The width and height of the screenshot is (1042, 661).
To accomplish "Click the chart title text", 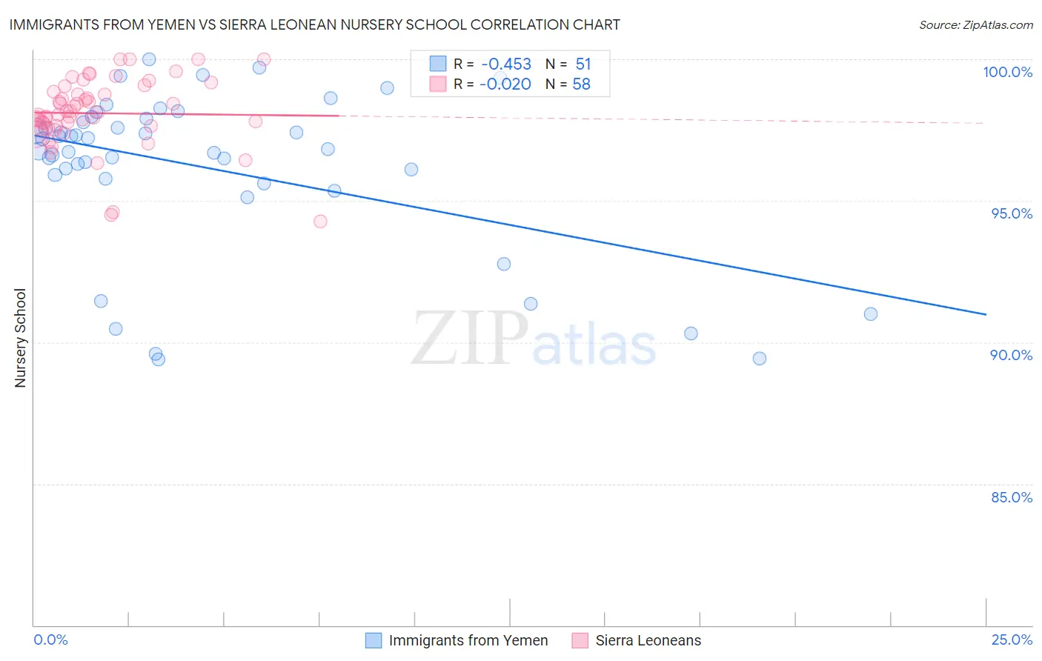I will (x=314, y=24).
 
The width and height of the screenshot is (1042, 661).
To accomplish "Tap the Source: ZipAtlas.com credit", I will (x=975, y=24).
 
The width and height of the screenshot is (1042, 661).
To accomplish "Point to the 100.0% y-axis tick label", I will (x=1007, y=72).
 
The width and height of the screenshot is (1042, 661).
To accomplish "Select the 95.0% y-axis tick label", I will (x=1012, y=213).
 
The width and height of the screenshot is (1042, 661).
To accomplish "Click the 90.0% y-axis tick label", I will (x=1012, y=355).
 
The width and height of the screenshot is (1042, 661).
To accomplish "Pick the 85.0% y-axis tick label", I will (x=1012, y=497).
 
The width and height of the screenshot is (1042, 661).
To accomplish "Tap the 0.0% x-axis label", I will (x=50, y=640).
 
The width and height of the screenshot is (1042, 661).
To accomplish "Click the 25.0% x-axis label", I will (x=1012, y=640).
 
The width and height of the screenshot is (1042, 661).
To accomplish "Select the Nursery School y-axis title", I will (x=21, y=337).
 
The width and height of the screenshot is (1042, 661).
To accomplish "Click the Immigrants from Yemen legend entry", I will (x=468, y=640).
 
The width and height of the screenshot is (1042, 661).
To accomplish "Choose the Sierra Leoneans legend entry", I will (x=648, y=640).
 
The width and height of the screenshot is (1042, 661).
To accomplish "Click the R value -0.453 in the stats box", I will (x=505, y=64).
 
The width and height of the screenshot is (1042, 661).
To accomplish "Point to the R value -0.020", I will (x=505, y=84).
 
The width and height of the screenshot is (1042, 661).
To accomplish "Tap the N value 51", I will (x=583, y=64).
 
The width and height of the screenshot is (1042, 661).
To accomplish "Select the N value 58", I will (x=582, y=84).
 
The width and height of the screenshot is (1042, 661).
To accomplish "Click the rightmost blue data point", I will (x=871, y=314).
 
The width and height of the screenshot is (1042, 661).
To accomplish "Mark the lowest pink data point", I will (x=320, y=222).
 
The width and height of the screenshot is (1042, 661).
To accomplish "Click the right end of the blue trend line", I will (x=986, y=314).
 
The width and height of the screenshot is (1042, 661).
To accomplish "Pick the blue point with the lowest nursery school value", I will (x=158, y=359).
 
